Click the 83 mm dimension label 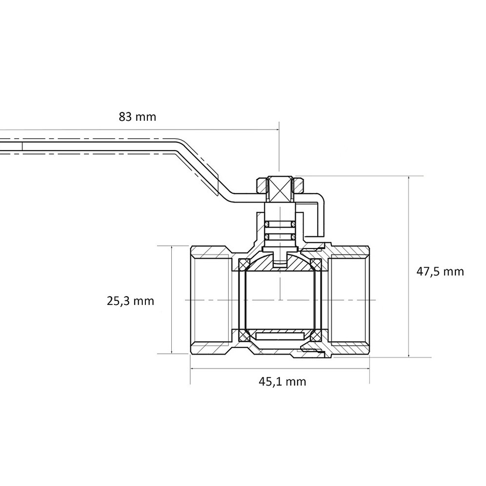tap(137, 117)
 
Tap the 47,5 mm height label tap(440, 272)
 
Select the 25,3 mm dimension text tap(130, 301)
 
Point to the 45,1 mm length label tap(282, 381)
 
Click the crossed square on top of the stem tap(280, 189)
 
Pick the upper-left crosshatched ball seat tap(243, 263)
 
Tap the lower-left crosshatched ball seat tap(243, 336)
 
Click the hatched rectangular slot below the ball tap(280, 336)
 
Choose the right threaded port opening tap(349, 300)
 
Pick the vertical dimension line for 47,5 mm tap(409, 266)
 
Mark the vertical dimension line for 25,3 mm tap(171, 299)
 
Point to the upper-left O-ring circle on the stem tap(266, 224)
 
